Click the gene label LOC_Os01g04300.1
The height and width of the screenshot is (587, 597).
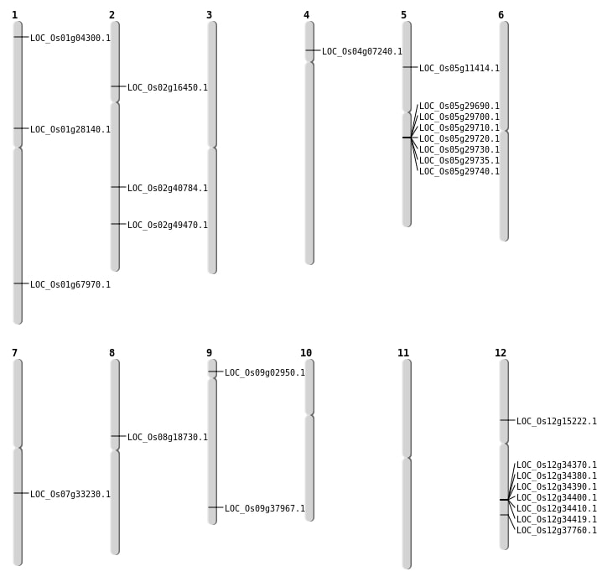click(70, 38)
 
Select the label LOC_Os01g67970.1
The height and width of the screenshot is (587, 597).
click(70, 284)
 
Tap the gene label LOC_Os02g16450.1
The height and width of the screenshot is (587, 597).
click(168, 87)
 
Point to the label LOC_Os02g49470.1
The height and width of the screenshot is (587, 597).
click(168, 225)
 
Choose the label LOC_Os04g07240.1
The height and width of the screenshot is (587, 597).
click(362, 51)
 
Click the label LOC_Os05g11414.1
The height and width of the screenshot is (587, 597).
click(459, 68)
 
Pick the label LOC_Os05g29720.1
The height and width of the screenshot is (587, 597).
click(459, 138)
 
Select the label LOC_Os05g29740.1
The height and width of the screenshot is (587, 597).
click(459, 171)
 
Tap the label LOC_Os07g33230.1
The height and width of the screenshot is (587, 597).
click(70, 494)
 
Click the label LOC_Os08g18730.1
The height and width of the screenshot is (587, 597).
click(168, 437)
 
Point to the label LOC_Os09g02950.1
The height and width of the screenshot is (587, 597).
click(265, 372)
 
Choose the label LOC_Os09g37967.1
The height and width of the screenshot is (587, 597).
click(265, 508)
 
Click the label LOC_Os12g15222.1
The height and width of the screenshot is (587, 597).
click(557, 421)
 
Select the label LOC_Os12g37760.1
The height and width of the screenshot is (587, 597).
click(557, 530)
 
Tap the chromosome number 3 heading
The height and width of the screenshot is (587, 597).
click(209, 15)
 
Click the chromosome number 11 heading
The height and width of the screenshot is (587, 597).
click(403, 353)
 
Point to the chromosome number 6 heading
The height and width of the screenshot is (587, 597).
click(501, 15)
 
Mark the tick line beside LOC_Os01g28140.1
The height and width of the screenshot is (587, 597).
click(21, 128)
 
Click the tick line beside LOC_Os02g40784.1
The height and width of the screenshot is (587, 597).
click(118, 187)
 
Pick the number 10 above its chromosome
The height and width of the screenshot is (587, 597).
click(306, 353)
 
